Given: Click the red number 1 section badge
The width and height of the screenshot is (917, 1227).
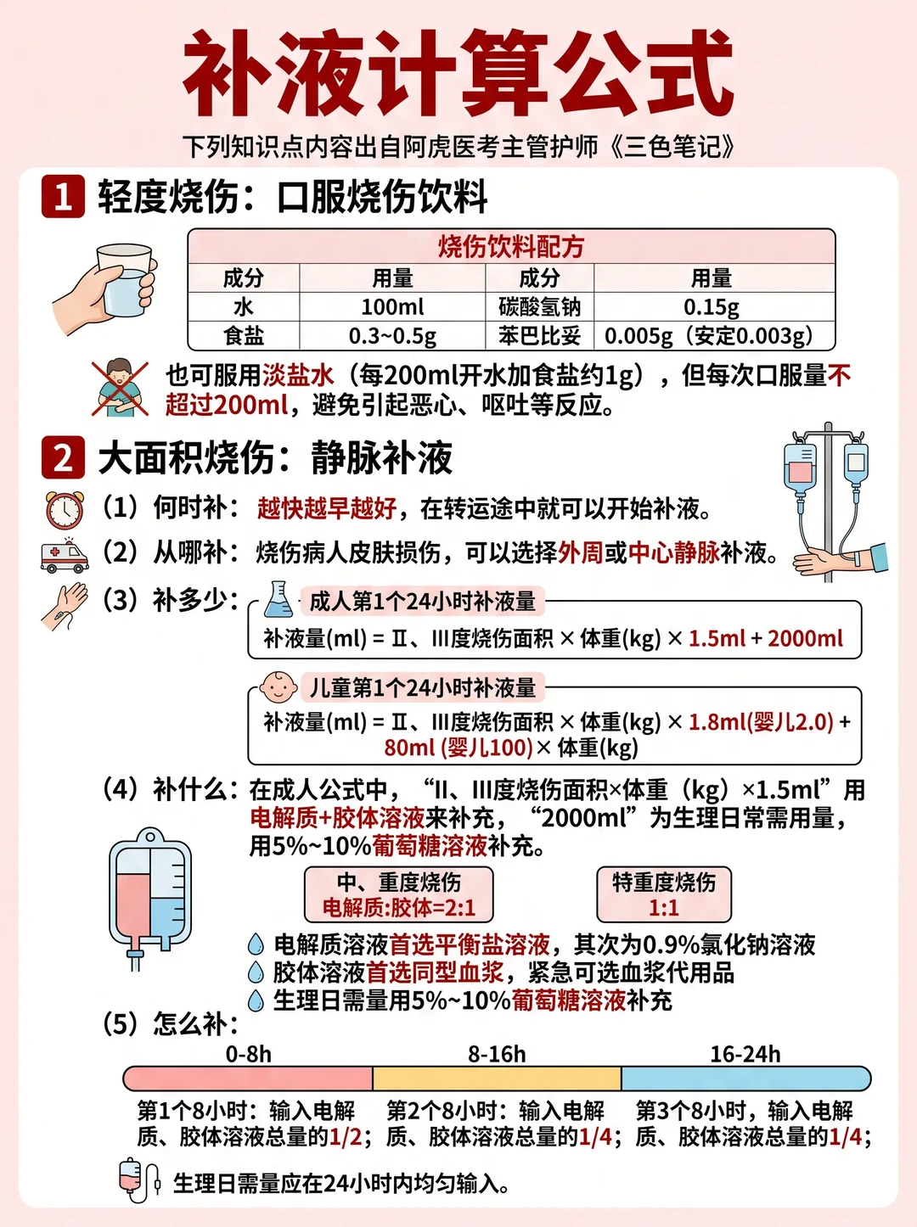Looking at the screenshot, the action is (x=63, y=196).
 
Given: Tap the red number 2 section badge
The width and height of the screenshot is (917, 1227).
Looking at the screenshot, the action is (x=63, y=457).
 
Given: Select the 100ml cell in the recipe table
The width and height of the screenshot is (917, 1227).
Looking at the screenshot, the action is (x=392, y=306).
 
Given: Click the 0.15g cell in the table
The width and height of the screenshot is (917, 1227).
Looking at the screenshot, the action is (x=712, y=306).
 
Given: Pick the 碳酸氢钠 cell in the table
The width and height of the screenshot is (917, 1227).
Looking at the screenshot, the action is (x=539, y=306).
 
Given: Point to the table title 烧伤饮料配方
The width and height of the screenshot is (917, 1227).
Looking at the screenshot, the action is (x=511, y=247).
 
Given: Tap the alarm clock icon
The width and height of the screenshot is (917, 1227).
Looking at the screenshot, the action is (x=65, y=509).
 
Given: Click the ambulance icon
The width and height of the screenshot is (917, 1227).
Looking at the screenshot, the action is (x=65, y=555).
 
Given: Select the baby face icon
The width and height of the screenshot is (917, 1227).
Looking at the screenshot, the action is (x=278, y=687).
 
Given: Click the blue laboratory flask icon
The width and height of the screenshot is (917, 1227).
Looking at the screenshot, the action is (x=278, y=599).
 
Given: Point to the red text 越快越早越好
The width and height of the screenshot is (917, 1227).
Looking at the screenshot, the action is (x=327, y=508).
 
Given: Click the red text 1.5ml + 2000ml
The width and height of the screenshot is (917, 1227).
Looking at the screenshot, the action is (x=766, y=638).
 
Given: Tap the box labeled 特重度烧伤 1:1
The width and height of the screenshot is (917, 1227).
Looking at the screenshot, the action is (x=664, y=894).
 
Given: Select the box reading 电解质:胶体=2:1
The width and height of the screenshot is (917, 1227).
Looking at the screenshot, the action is (x=399, y=894).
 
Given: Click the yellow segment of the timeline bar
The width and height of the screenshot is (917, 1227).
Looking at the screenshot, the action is (x=497, y=1078).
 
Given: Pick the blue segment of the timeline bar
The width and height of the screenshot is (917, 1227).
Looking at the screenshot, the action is (x=745, y=1078).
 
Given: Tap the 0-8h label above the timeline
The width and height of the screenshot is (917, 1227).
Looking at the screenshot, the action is (x=249, y=1054).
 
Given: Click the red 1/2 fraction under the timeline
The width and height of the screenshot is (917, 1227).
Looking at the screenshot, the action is (x=346, y=1136).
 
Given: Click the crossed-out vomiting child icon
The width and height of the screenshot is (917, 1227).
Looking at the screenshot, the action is (x=120, y=389).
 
